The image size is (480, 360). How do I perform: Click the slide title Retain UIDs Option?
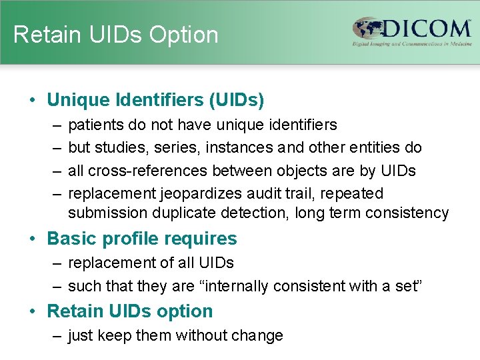(116, 35)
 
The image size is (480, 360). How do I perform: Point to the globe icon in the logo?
(369, 30)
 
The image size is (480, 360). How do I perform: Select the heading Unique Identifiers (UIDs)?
(155, 100)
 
